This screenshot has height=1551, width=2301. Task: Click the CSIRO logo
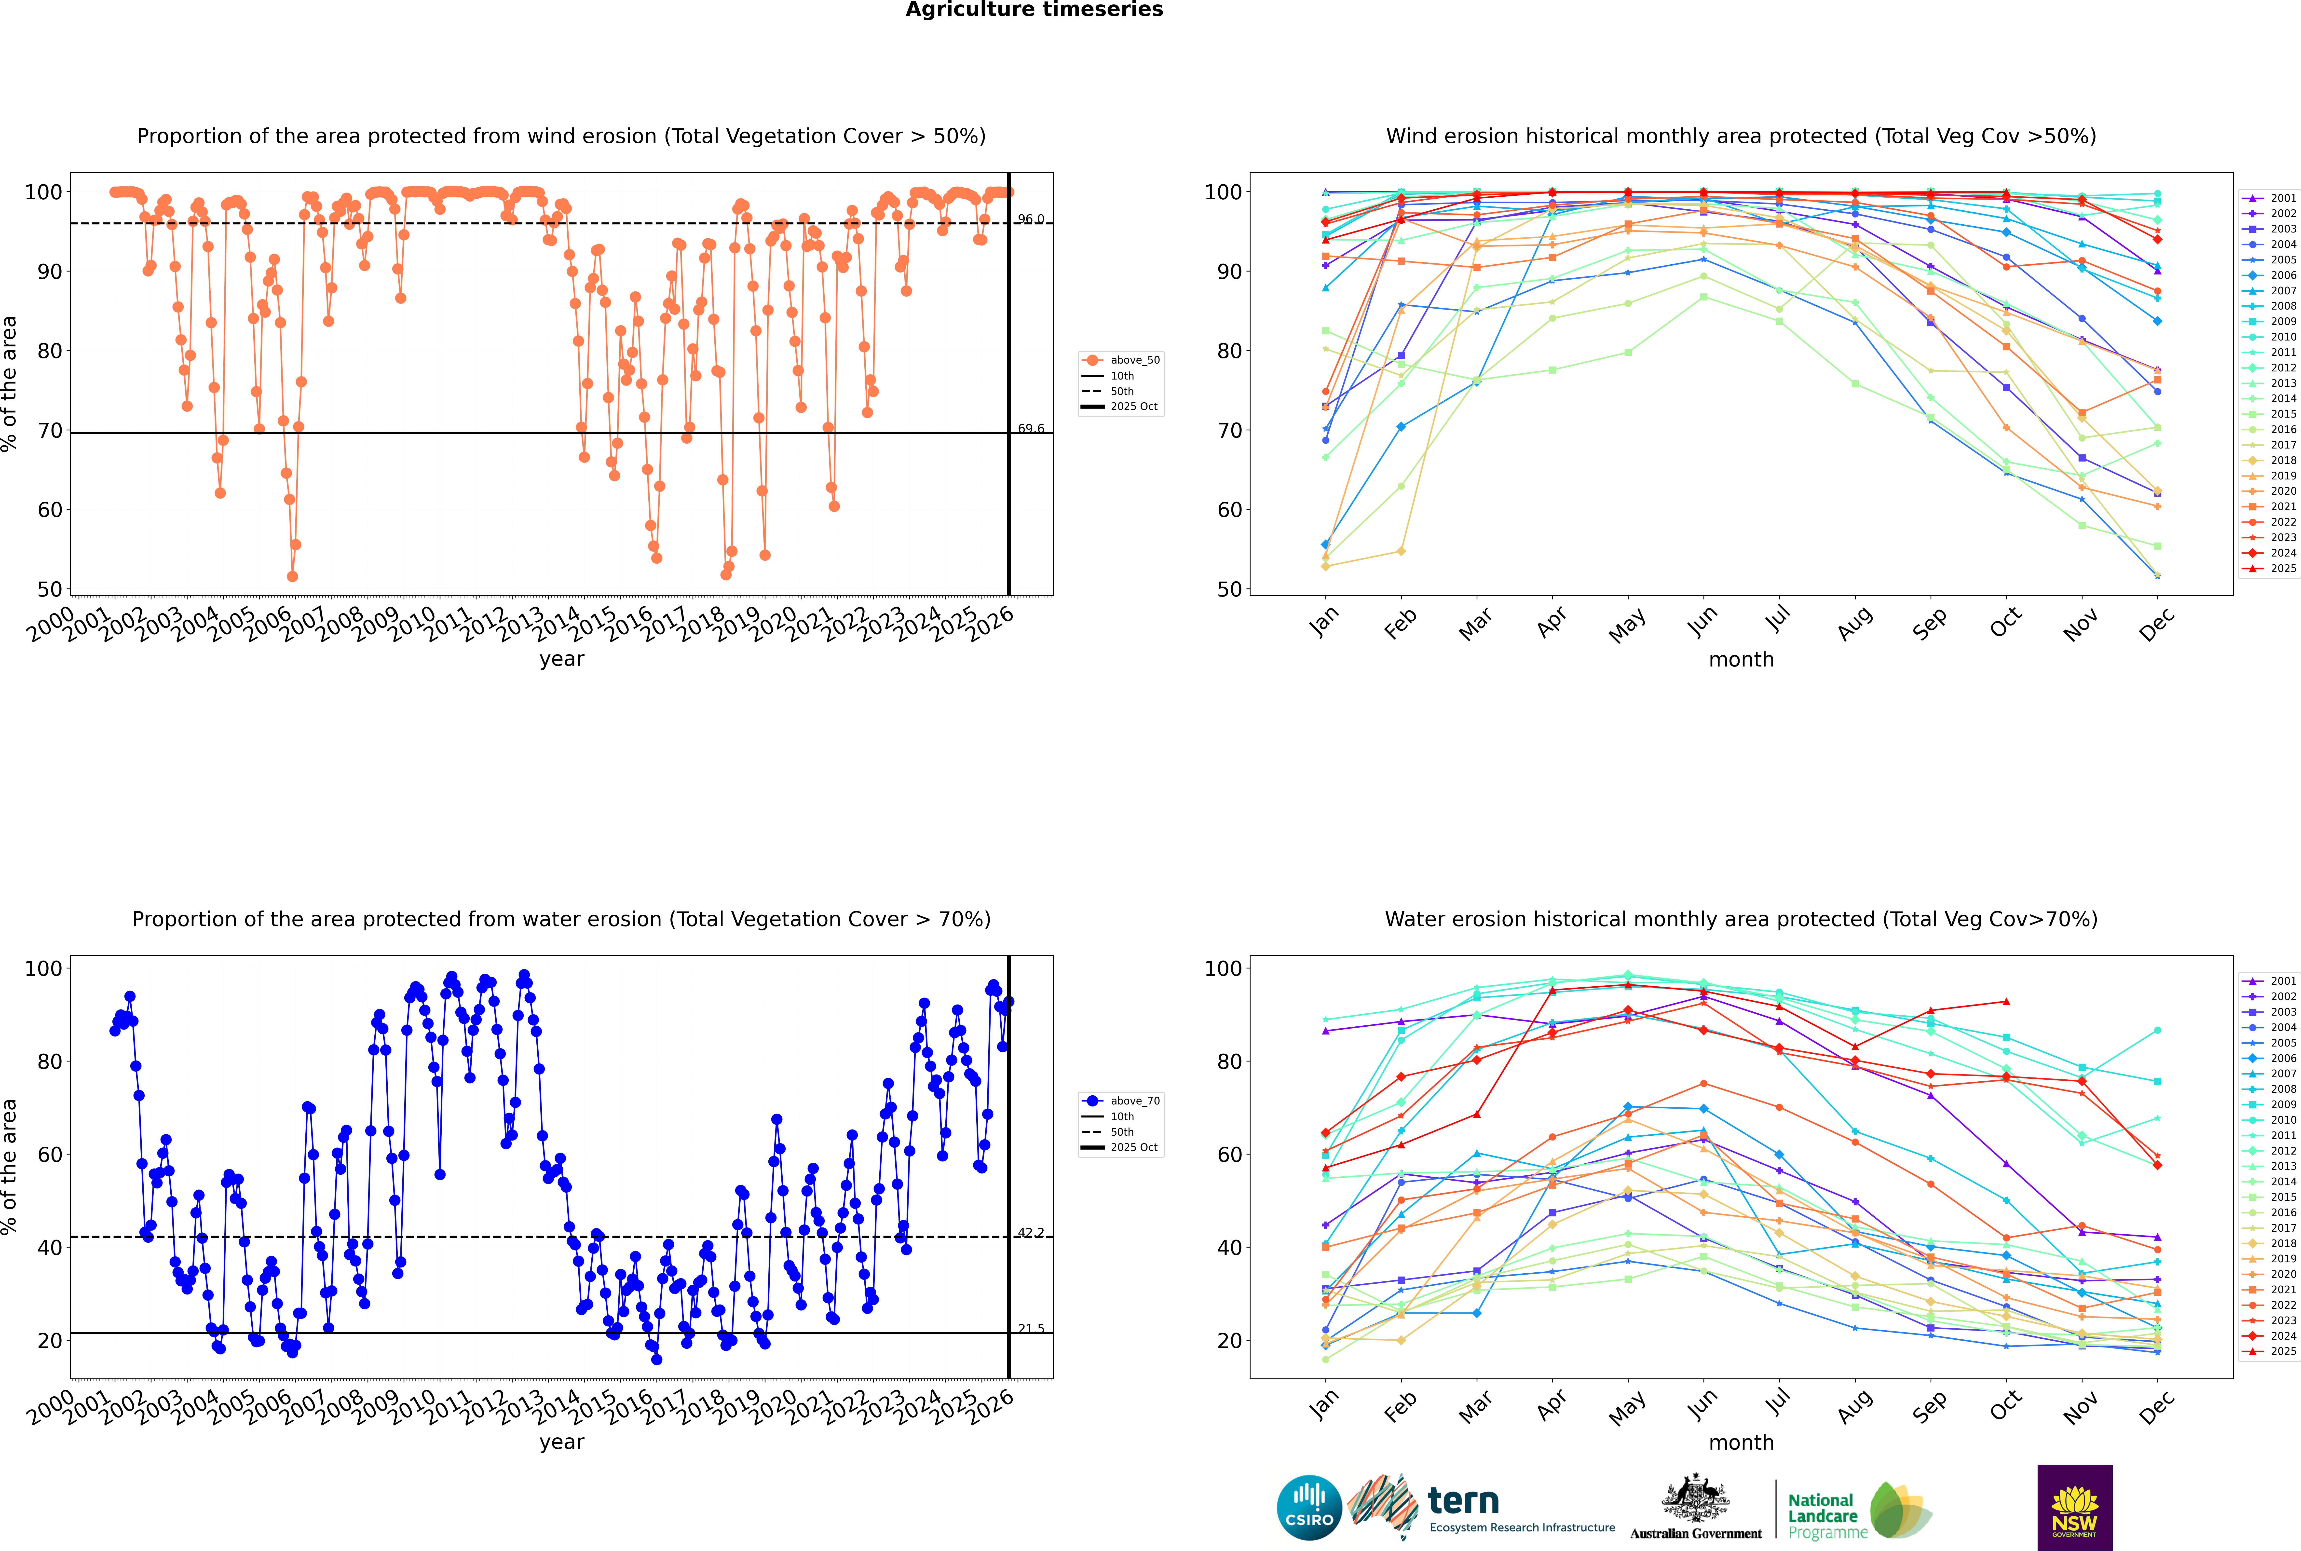(1309, 1508)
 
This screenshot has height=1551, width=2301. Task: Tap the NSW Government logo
(2074, 1507)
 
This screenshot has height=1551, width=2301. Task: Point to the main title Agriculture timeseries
(1034, 10)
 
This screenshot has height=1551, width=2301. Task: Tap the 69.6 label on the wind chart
(1031, 428)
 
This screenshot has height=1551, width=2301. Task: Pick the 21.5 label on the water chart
(1031, 1328)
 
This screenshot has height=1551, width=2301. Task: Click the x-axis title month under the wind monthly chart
(1741, 660)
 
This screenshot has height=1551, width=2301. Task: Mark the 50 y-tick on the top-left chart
(49, 588)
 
